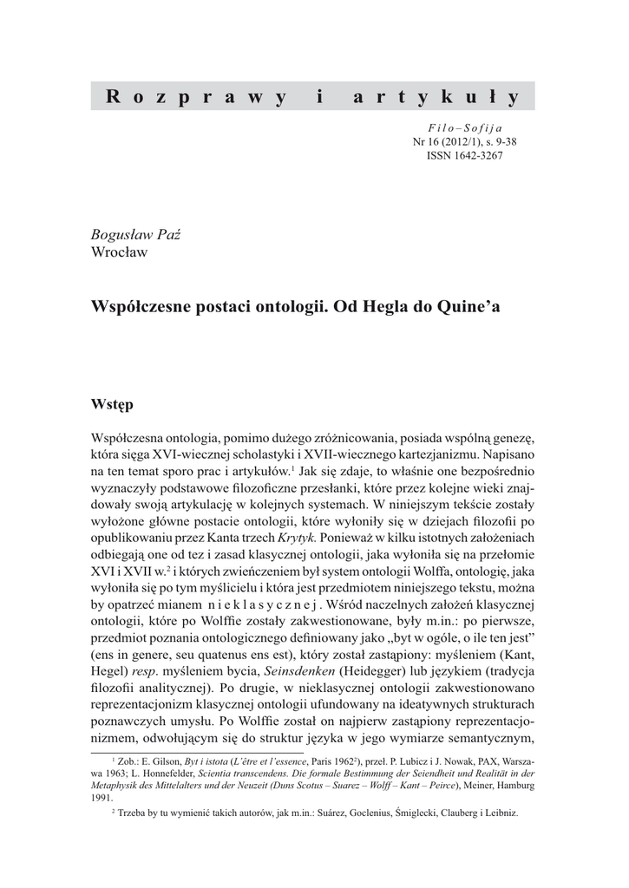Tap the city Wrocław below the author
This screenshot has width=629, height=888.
[x=120, y=252]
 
